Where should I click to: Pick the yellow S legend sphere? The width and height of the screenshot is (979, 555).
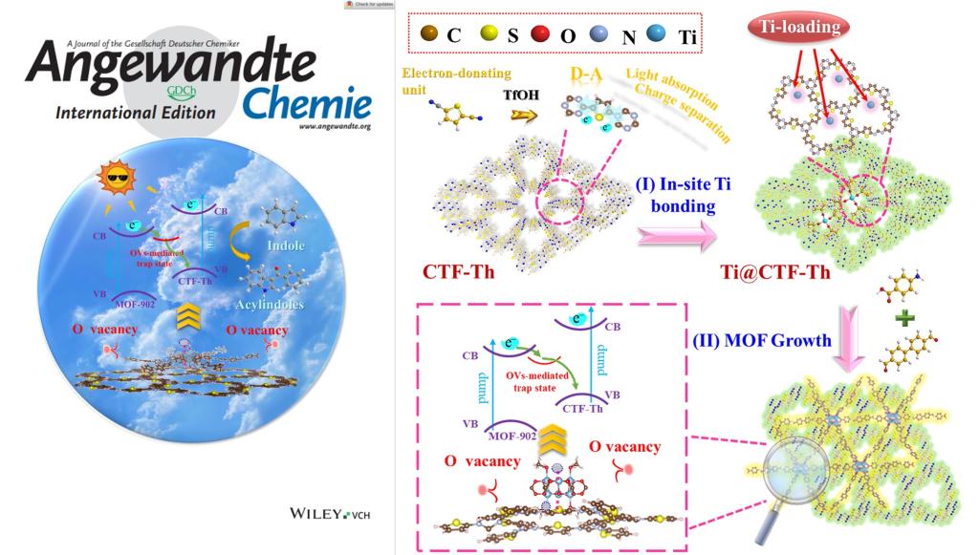coord(491,36)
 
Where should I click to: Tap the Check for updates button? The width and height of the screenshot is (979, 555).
coord(368,5)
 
